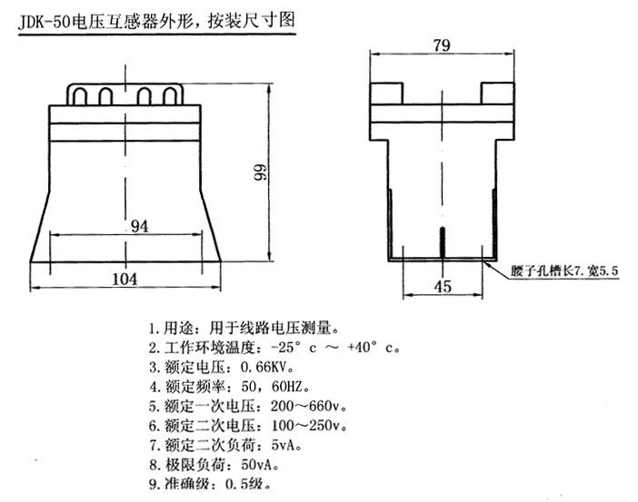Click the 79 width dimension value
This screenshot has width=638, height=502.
[x=442, y=44]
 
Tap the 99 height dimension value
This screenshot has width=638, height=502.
[x=260, y=172]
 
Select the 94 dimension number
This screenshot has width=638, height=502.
[x=139, y=226]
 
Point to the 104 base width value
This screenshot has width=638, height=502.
[x=125, y=279]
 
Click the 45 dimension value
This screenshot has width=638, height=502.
[x=443, y=286]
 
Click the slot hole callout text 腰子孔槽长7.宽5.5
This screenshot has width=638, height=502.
[x=564, y=271]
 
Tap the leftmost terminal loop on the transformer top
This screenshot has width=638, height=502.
[x=80, y=97]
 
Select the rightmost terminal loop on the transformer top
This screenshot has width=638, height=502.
[x=170, y=97]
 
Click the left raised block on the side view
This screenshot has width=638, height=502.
[x=386, y=94]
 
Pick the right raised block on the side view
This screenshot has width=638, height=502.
[x=497, y=94]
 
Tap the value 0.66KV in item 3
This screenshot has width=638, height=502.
[x=265, y=368]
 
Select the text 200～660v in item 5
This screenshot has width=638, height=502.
[x=307, y=406]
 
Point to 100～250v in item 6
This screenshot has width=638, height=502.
[x=308, y=425]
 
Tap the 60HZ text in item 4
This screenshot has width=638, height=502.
[x=287, y=386]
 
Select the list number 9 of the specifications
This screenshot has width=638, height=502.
[x=153, y=484]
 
